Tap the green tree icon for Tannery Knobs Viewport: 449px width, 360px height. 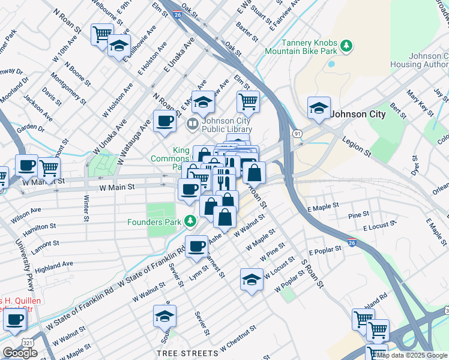pos(346,46)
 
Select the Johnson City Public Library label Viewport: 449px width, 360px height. pos(226,124)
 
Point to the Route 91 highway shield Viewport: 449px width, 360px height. pos(297,133)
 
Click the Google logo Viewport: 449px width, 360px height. pos(20,353)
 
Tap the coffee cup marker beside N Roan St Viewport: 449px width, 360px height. pos(164,121)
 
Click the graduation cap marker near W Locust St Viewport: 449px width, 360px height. pos(251,279)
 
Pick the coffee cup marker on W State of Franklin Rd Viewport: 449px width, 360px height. pos(196,246)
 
